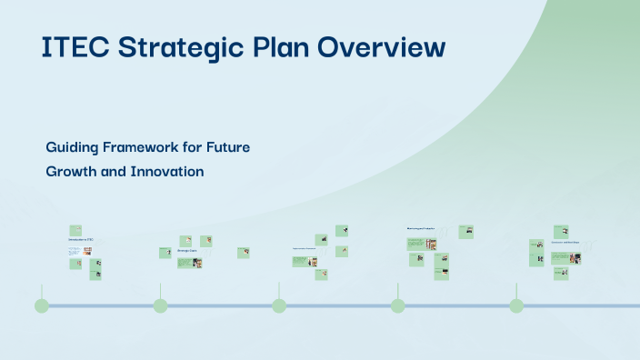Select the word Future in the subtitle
point(226,147)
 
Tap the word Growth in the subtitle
point(71,171)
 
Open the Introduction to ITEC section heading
point(80,240)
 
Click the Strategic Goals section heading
point(187,250)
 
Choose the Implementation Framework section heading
point(304,248)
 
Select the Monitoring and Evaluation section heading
point(420,228)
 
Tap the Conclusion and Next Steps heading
point(565,243)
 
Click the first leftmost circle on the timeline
point(42,305)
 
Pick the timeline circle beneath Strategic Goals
point(160,305)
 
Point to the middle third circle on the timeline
point(279,305)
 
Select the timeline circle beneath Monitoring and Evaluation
point(397,305)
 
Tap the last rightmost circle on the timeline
point(516,305)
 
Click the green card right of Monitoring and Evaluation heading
point(466,231)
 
